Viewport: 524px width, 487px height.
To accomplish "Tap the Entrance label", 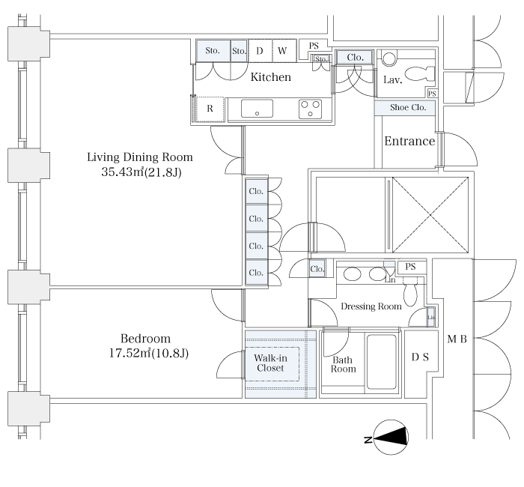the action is tap(409, 141).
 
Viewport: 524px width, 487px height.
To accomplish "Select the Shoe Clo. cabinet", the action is tap(405, 108).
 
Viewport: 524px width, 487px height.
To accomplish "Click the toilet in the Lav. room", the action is tap(420, 74).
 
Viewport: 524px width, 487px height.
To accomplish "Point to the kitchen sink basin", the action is tap(257, 109).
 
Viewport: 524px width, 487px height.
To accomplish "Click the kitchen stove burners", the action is tap(310, 109).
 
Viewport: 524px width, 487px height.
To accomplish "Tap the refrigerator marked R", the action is tap(210, 109).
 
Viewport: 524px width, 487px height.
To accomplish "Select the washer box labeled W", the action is tap(284, 51).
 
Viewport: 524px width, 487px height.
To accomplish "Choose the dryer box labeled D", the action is tap(260, 51).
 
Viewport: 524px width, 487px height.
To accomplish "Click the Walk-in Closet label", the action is tap(270, 363).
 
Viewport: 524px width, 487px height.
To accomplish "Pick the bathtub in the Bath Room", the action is tap(382, 362).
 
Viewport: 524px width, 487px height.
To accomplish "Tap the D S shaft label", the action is tap(420, 357).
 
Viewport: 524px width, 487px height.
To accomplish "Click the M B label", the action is tap(457, 339).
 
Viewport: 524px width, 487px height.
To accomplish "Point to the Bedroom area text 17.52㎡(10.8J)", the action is tap(149, 353).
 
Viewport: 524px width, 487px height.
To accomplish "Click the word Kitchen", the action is tap(271, 77).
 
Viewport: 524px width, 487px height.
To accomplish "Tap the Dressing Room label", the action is tap(371, 306).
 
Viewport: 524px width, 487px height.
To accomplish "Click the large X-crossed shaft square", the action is tap(430, 215).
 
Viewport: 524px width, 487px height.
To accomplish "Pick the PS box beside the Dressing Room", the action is tap(412, 267).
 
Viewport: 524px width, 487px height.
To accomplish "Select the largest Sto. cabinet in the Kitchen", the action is tap(213, 51).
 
